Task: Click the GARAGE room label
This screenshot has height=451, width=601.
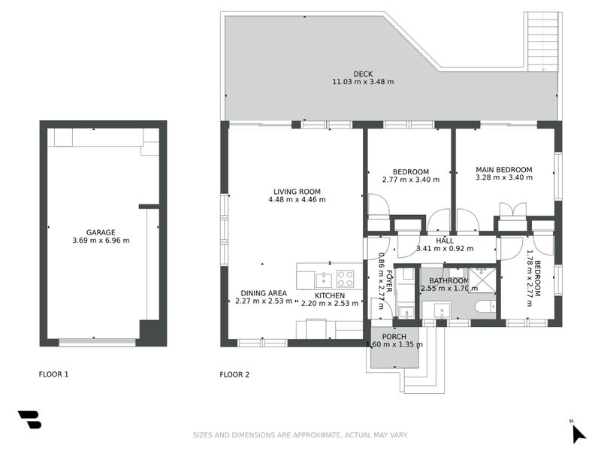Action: click(x=101, y=232)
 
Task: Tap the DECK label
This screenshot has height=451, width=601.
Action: click(x=363, y=74)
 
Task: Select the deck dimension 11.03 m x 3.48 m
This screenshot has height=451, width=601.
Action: click(x=363, y=82)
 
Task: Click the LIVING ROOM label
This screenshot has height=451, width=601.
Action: click(x=297, y=192)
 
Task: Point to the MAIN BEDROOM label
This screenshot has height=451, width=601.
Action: click(x=504, y=170)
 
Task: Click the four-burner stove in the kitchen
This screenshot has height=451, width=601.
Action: click(x=345, y=279)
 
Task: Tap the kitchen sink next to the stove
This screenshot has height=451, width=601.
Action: click(x=324, y=280)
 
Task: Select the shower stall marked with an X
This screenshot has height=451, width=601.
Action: click(x=482, y=280)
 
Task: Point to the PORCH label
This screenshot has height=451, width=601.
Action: click(x=394, y=337)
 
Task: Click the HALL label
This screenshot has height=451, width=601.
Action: click(x=445, y=241)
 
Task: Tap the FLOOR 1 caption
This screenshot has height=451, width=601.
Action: click(x=53, y=374)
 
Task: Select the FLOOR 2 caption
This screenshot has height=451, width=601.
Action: click(x=234, y=374)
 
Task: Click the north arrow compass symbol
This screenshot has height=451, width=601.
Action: click(x=578, y=434)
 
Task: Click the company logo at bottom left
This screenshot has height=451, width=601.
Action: click(x=30, y=419)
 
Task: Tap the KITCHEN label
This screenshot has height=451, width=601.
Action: click(x=330, y=295)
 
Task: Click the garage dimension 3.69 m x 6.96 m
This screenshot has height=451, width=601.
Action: click(x=101, y=241)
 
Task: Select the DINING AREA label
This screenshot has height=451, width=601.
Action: click(x=264, y=293)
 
